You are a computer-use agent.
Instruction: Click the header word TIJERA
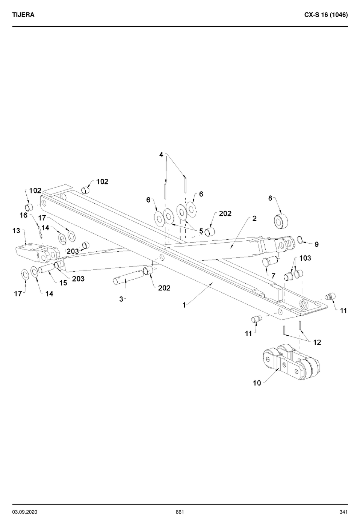[x=23, y=15]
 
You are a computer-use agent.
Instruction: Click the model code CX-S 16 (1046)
[x=326, y=15]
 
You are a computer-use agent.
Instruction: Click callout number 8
[x=270, y=198]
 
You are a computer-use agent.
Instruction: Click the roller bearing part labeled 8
[x=281, y=221]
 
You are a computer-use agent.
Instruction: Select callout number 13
[x=17, y=231]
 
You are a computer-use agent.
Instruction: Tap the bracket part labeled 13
[x=38, y=253]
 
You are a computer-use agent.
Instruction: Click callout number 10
[x=257, y=383]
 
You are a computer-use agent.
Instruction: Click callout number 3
[x=121, y=299]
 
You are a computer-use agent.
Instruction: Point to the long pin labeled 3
[x=128, y=276]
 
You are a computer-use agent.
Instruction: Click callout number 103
[x=305, y=258]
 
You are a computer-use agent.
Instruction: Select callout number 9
[x=316, y=245]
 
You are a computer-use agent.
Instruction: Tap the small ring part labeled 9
[x=300, y=239]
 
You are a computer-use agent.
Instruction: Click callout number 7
[x=273, y=276]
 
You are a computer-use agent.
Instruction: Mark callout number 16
[x=24, y=215]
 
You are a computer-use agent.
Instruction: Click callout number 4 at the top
[x=161, y=155]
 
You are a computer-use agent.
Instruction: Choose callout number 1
[x=184, y=305]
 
